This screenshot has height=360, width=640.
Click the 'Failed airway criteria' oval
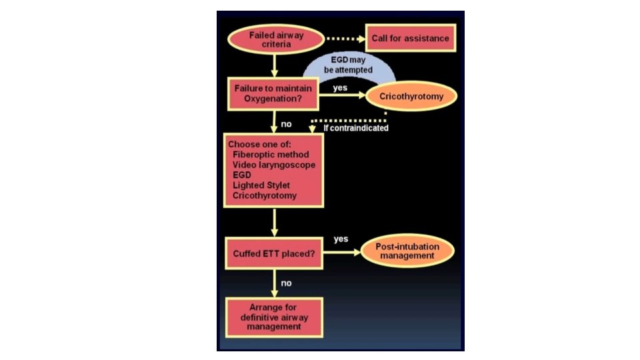[275, 39]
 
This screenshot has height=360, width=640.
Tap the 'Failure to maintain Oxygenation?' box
[273, 93]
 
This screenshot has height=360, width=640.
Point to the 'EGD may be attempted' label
[348, 64]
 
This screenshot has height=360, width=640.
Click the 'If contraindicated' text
[351, 127]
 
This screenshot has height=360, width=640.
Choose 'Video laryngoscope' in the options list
[274, 165]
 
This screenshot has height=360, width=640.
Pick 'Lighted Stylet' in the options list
[262, 185]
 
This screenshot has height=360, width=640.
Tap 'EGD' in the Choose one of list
[242, 175]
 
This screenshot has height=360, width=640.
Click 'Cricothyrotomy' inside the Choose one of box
[264, 195]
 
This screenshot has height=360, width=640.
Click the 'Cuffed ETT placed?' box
[273, 253]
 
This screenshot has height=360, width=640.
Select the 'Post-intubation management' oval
[408, 251]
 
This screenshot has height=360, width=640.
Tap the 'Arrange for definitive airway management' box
[273, 317]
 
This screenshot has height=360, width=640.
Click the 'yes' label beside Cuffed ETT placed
[341, 239]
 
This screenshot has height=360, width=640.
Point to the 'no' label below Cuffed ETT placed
[286, 283]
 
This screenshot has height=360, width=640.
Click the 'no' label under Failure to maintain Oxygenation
[286, 124]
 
